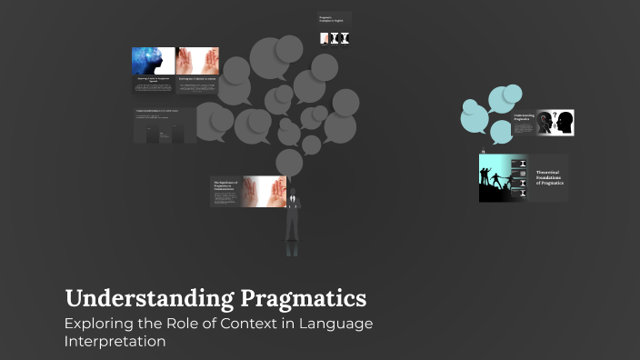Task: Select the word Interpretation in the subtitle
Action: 115,342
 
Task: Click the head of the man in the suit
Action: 292,193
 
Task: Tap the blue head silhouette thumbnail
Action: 153,60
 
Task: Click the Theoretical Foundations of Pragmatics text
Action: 550,177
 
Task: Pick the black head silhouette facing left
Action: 565,122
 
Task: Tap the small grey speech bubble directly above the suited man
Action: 288,162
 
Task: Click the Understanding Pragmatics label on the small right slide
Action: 525,117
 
